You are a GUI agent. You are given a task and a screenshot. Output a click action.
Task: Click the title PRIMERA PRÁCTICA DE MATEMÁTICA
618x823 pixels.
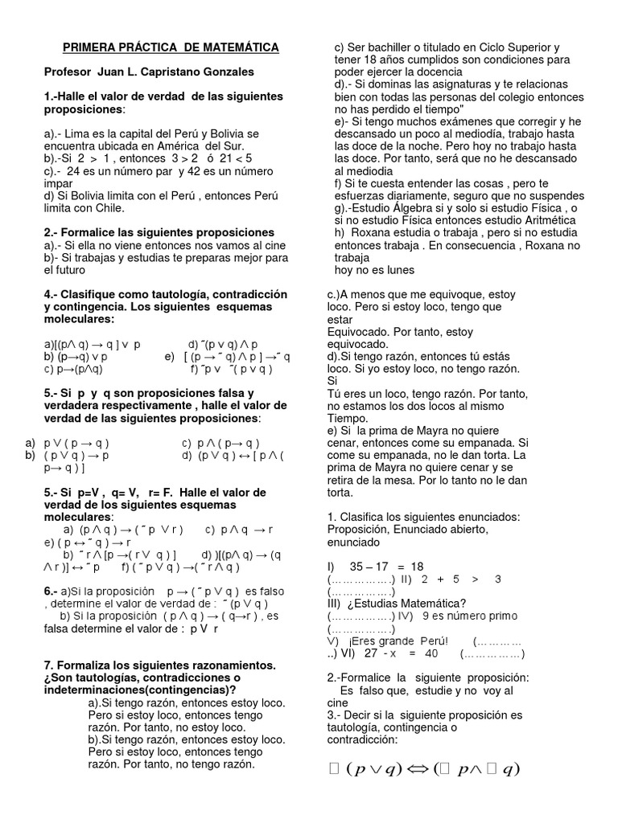(x=171, y=48)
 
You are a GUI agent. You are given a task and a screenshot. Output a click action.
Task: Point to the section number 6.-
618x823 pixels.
(x=51, y=592)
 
